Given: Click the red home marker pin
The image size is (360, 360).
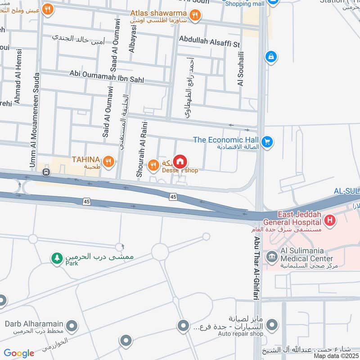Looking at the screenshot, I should click(180, 162).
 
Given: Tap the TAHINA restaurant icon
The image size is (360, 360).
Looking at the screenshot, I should click(108, 161).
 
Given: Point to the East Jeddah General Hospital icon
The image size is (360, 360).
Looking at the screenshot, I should click(330, 221).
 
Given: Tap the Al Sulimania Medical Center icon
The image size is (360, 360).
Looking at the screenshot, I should click(271, 258).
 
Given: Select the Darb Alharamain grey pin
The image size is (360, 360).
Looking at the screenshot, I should click(71, 325).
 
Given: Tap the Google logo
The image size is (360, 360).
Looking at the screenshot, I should click(19, 353).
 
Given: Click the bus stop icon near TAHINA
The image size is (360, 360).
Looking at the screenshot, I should click(45, 172).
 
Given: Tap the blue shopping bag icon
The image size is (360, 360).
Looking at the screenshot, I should click(271, 57).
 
